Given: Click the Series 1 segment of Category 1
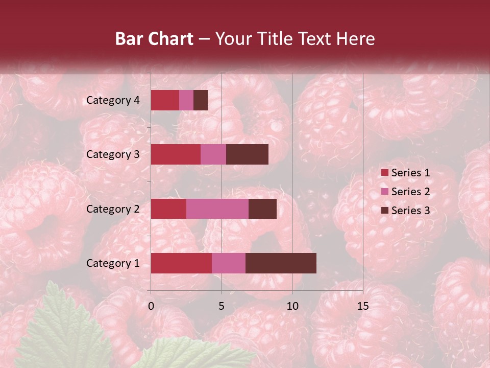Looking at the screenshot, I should pyautogui.click(x=181, y=263).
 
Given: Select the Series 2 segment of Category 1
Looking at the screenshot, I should pyautogui.click(x=229, y=263).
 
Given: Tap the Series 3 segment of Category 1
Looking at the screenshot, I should pyautogui.click(x=281, y=263).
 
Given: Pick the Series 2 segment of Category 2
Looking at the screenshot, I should pyautogui.click(x=217, y=209).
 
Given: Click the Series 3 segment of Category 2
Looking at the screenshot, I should pyautogui.click(x=262, y=209).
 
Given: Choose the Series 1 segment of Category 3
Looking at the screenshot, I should pyautogui.click(x=176, y=154).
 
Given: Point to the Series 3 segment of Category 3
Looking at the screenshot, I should pyautogui.click(x=247, y=154).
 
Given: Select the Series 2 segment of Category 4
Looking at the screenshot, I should pyautogui.click(x=186, y=100).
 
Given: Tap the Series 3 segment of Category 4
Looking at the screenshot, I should pyautogui.click(x=201, y=100).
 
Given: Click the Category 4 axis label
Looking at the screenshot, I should pyautogui.click(x=113, y=100).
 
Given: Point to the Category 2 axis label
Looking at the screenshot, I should pyautogui.click(x=113, y=209).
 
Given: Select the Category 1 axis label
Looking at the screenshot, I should pyautogui.click(x=113, y=263).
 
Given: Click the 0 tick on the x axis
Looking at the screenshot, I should pyautogui.click(x=151, y=306).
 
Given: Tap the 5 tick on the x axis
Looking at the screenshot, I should pyautogui.click(x=222, y=306).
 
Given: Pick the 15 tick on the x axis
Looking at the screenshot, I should pyautogui.click(x=362, y=306).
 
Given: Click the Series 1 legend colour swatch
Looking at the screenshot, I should pyautogui.click(x=384, y=173).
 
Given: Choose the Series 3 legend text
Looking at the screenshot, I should pyautogui.click(x=410, y=211).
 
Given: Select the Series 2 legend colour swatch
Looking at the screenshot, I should pyautogui.click(x=384, y=192).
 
